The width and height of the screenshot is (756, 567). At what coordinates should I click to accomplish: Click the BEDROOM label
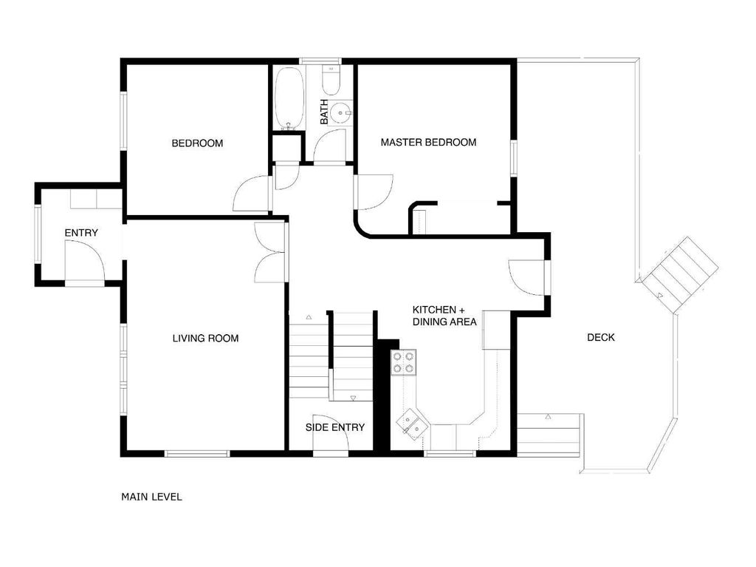(x=197, y=143)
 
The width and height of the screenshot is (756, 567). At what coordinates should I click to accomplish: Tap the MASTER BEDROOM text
(x=428, y=142)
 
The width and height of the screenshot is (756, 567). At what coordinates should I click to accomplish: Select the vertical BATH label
(x=323, y=112)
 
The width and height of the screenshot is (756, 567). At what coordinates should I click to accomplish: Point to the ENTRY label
(x=81, y=233)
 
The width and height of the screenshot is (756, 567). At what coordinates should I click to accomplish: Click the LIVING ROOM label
(x=205, y=339)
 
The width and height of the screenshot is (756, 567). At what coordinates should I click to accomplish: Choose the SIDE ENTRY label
(x=335, y=427)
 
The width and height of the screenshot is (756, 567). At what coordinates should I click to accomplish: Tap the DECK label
(x=600, y=338)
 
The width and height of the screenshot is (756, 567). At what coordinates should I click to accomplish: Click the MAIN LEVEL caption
(x=151, y=497)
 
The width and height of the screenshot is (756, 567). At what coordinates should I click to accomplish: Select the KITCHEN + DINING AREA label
(x=444, y=316)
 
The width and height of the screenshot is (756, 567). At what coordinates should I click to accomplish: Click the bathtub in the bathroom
(x=288, y=98)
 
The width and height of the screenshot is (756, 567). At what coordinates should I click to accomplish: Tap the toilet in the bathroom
(x=331, y=81)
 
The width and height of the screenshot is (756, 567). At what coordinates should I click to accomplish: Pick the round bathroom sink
(x=340, y=113)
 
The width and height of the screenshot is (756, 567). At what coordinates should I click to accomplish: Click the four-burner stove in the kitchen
(x=403, y=362)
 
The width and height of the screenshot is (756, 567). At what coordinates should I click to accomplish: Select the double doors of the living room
(x=269, y=252)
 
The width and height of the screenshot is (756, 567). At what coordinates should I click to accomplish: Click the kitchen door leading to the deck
(x=527, y=278)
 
